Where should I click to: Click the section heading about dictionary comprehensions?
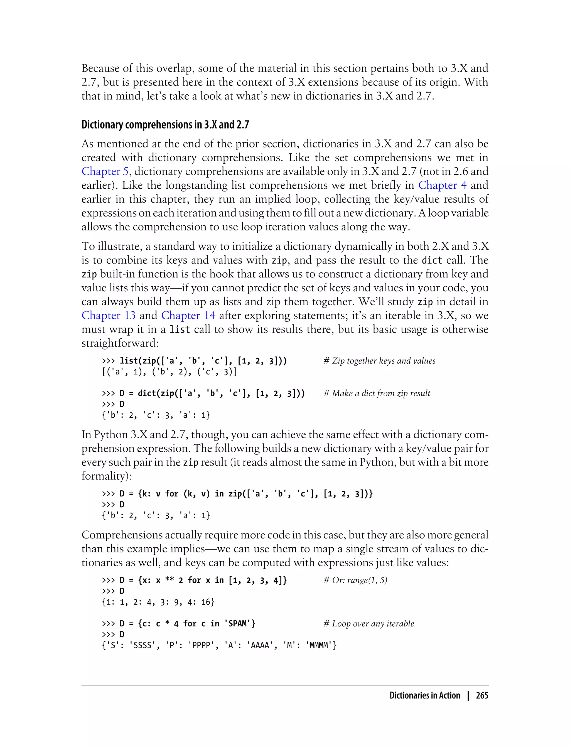tap(165, 125)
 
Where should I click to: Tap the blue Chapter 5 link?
tap(105, 171)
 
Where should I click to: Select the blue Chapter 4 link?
tap(442, 185)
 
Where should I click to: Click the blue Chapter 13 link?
tap(108, 316)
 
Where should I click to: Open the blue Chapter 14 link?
tap(188, 316)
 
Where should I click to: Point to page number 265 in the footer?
tap(482, 695)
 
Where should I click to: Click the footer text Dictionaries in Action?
tap(424, 695)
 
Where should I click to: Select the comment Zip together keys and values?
tap(379, 361)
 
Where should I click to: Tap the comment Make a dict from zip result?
tap(377, 393)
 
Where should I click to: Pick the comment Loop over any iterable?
tap(369, 624)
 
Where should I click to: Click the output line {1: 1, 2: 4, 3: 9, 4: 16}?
tap(158, 602)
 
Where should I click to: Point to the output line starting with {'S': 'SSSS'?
tap(219, 645)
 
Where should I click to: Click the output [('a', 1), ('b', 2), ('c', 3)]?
tap(169, 372)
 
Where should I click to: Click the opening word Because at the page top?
tap(100, 68)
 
